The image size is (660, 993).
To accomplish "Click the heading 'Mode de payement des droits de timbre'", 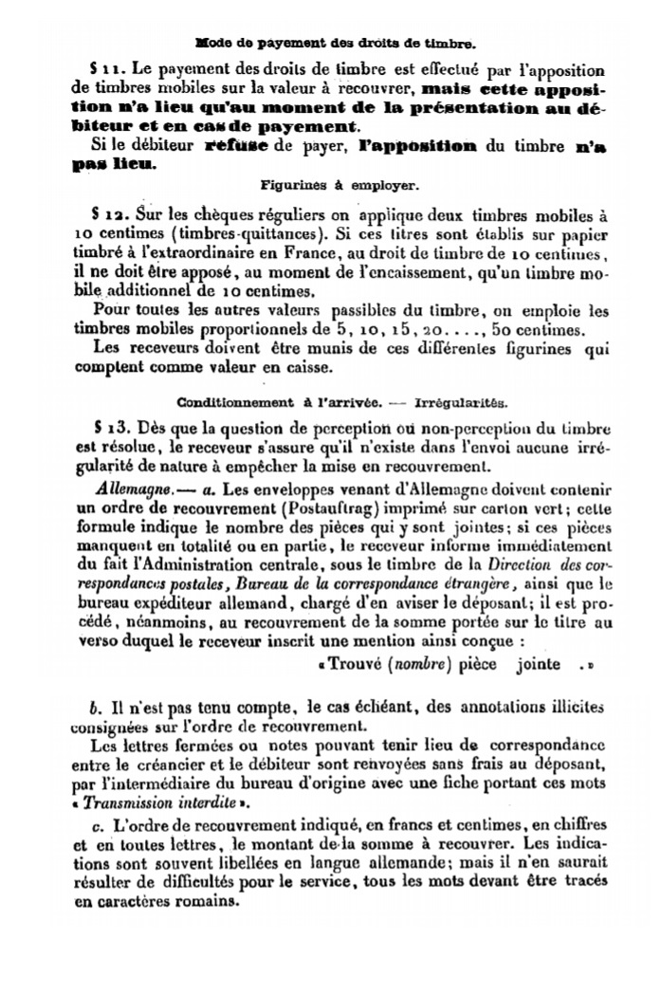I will [334, 43].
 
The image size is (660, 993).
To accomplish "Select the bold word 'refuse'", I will [240, 146].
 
